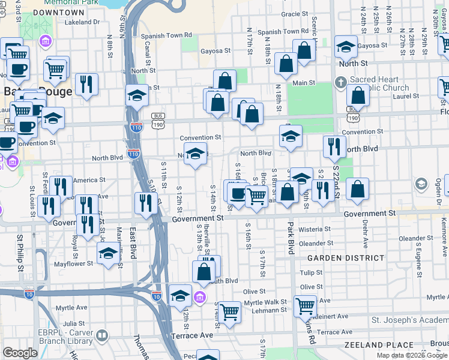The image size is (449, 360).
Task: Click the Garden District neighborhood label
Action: [x=346, y=258]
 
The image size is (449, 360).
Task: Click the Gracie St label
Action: [x=294, y=14]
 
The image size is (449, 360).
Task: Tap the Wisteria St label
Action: [x=315, y=229]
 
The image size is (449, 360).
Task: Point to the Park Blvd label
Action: [x=291, y=238]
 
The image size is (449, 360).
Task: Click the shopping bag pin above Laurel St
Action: [x=358, y=95]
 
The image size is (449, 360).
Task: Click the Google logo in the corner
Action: [x=20, y=353]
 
